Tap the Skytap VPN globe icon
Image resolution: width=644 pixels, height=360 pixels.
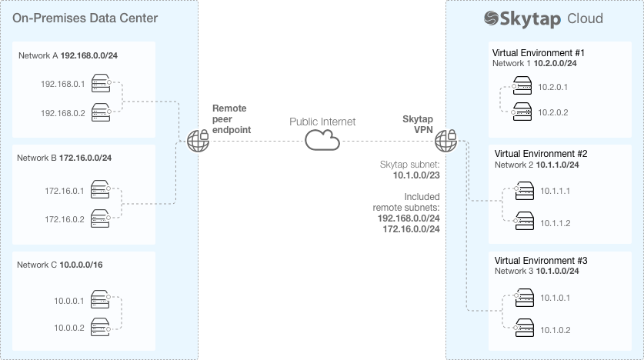pyautogui.click(x=446, y=141)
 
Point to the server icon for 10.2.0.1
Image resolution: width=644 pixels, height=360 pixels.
pyautogui.click(x=523, y=88)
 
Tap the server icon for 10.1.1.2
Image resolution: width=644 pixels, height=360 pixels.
pyautogui.click(x=523, y=222)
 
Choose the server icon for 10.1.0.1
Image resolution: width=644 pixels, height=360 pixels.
pyautogui.click(x=523, y=298)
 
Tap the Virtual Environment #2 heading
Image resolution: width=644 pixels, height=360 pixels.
pyautogui.click(x=539, y=153)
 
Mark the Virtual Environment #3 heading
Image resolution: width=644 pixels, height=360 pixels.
pyautogui.click(x=539, y=261)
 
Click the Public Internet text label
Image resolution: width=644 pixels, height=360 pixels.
pyautogui.click(x=322, y=122)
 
